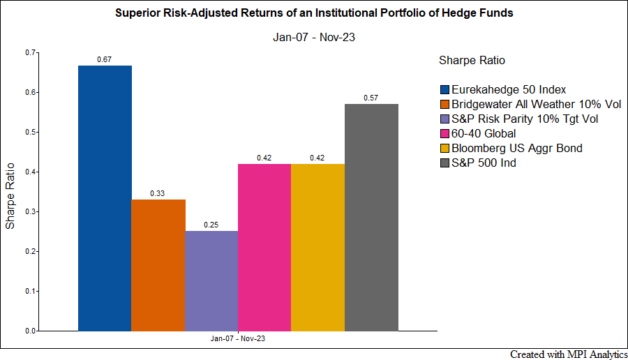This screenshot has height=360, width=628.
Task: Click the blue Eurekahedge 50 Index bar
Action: [x=105, y=198]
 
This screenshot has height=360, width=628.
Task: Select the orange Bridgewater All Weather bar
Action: [x=158, y=266]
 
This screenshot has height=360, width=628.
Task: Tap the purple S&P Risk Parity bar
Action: [x=211, y=281]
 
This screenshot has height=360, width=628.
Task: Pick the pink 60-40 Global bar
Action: [x=264, y=248]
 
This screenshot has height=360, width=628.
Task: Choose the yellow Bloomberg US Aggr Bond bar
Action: [x=317, y=248]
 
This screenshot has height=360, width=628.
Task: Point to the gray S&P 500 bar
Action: [x=371, y=218]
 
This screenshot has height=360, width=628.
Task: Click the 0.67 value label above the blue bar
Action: [x=104, y=60]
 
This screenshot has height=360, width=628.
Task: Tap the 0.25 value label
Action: [x=211, y=225]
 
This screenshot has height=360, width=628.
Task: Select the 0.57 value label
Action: [x=371, y=98]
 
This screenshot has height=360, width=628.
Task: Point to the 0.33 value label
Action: [x=158, y=194]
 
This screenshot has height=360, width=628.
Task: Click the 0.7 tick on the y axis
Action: [x=30, y=52]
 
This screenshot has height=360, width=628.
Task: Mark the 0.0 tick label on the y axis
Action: [x=30, y=331]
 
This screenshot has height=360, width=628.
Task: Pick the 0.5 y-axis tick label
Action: [x=30, y=132]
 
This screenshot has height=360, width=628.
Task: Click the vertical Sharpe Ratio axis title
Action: [x=10, y=196]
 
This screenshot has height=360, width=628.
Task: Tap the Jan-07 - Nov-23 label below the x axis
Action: [x=238, y=339]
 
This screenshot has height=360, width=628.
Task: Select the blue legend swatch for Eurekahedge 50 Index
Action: [x=444, y=90]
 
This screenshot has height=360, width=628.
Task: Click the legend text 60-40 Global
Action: [x=484, y=134]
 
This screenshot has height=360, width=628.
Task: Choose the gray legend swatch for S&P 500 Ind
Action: [x=444, y=163]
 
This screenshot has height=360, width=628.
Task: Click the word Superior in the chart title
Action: [x=137, y=13]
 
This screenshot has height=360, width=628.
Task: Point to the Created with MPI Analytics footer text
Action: [x=569, y=354]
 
